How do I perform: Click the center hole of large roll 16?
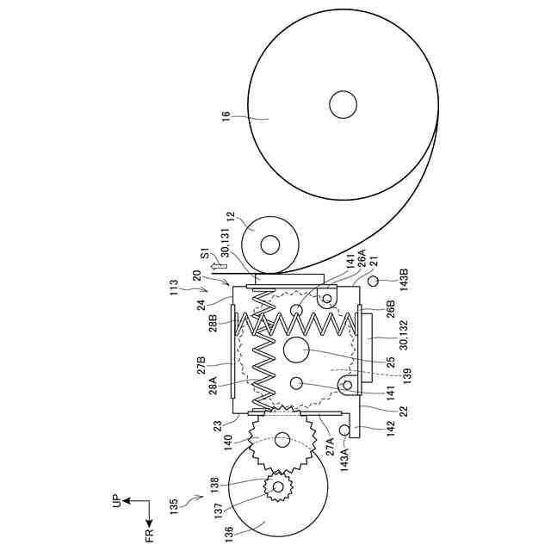click(343, 104)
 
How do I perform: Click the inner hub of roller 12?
click(270, 245)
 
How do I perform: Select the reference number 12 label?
click(229, 219)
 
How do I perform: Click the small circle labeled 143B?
click(373, 282)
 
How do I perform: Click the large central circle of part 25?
click(296, 351)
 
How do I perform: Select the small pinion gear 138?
click(279, 487)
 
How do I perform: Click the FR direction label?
click(148, 538)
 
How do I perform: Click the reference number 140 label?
click(227, 441)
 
